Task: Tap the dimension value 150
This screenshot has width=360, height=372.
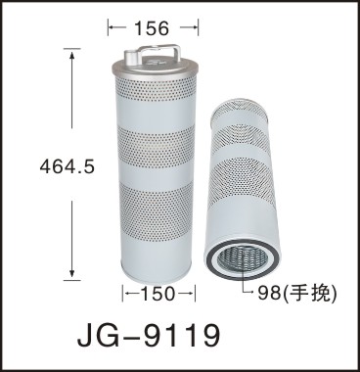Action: (x=157, y=295)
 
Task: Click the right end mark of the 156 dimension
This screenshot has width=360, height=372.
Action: (x=199, y=28)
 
